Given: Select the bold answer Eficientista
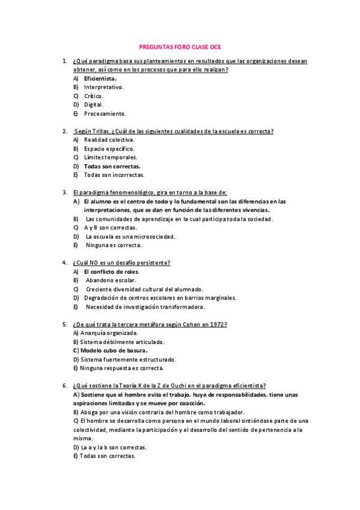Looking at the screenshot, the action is (100, 78).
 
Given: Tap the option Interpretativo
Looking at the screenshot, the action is (103, 87).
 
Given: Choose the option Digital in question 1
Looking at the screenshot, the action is (94, 105).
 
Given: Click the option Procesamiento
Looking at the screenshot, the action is (105, 113).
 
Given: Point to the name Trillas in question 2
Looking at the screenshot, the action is (101, 131).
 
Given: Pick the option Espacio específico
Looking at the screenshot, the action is (109, 149).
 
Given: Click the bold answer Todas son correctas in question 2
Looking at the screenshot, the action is (112, 166).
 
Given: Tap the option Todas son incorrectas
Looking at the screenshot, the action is (114, 175).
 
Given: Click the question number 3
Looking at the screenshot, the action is (64, 192).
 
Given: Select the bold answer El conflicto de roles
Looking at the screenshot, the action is (111, 272).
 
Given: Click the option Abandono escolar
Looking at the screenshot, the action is (111, 280).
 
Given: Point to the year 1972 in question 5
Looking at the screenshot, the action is (216, 324).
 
